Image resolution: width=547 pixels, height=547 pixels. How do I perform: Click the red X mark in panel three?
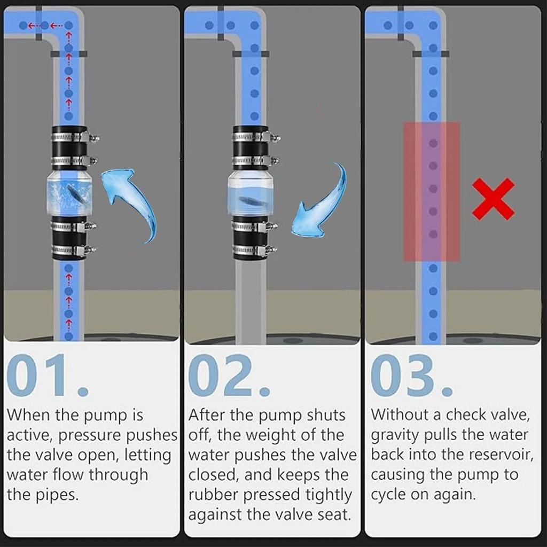point(493,199)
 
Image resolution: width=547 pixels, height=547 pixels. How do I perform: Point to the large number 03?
point(411,376)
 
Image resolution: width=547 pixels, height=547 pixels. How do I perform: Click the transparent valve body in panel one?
point(69,193)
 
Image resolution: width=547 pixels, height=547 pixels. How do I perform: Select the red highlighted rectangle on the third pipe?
point(431,191)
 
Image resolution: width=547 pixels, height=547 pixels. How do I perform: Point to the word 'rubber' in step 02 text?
point(214,495)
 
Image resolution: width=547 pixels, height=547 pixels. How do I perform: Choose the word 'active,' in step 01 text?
point(29,435)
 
